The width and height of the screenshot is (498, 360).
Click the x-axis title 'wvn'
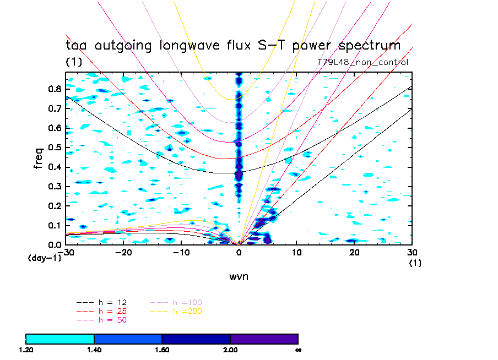(x=239, y=277)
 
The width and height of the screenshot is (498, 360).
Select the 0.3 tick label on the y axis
(x=53, y=186)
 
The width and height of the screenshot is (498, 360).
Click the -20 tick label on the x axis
(x=124, y=253)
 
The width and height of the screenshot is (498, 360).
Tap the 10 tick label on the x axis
(x=296, y=253)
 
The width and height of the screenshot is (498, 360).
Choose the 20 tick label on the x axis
(x=354, y=253)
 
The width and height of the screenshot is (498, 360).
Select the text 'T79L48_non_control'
(x=363, y=62)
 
